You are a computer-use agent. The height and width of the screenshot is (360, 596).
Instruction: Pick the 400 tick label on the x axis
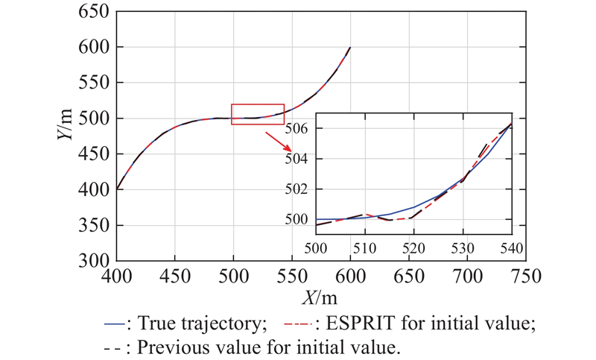(116, 276)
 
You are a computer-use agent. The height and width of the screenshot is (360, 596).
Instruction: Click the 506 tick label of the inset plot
(299, 128)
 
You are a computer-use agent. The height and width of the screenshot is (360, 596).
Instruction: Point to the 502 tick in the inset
(299, 189)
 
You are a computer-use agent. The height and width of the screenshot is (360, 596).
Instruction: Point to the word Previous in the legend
(169, 347)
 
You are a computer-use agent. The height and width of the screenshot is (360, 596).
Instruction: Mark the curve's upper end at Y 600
(350, 48)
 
